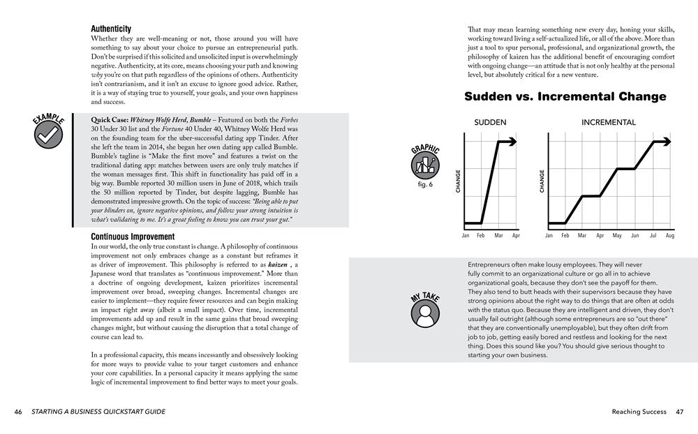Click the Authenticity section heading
(x=111, y=29)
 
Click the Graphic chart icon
(x=425, y=165)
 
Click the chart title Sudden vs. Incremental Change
(x=565, y=97)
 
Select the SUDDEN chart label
(x=491, y=123)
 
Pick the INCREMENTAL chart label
(x=609, y=123)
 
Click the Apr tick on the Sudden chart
(x=516, y=237)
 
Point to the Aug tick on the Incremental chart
(x=670, y=237)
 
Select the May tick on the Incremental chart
(x=617, y=237)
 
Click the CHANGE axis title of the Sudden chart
(x=458, y=181)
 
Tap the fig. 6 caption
(x=425, y=184)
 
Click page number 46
(x=18, y=412)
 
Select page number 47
(x=679, y=412)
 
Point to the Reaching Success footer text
(x=639, y=412)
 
